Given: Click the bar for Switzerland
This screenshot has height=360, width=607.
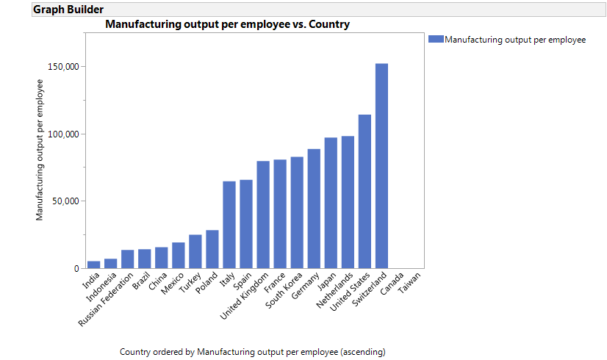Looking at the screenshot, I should pos(381,166).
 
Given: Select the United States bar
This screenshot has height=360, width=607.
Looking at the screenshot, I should pos(364,192).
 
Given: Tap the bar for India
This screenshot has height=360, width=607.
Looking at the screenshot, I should pos(93,264).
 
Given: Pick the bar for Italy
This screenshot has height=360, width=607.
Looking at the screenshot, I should pos(229,225).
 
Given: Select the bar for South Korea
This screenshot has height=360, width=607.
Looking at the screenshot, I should pos(297,212).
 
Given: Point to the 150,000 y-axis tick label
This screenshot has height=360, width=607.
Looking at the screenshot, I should pos(62,67).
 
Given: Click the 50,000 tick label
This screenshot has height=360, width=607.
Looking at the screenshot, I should pos(65,201).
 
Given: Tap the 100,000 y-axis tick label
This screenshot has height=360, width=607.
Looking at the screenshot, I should pos(62,134).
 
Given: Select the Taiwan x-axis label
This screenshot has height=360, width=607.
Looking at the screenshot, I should pos(409,282).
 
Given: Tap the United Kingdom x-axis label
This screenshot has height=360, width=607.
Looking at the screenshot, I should pos(244,298).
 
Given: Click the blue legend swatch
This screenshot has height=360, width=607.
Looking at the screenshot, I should pos(436,40).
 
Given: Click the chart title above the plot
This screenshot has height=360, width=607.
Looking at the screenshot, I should pos(227,24).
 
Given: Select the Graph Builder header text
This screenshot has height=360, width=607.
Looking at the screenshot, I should pos(68,10).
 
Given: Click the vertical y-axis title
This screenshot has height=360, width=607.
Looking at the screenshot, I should pos(40,150).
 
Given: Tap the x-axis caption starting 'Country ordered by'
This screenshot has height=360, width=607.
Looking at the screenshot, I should pos(252,352).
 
